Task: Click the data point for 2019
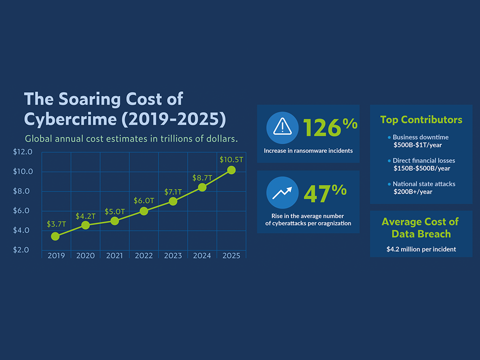pos(55,236)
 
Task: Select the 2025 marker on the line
pos(231,170)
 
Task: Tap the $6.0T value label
pos(144,201)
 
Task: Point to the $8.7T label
pos(202,178)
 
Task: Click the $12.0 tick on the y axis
pos(23,152)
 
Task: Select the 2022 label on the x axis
pos(144,255)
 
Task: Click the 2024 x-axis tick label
pos(202,255)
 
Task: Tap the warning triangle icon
pos(282,127)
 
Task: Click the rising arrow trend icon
pos(282,193)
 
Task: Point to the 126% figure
pos(330,127)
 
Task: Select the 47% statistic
pos(325,193)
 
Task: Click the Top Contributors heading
pos(421,120)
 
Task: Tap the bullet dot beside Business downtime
pos(389,137)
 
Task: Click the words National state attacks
pos(424,184)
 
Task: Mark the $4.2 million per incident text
pos(421,249)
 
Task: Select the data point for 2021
pos(114,221)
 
